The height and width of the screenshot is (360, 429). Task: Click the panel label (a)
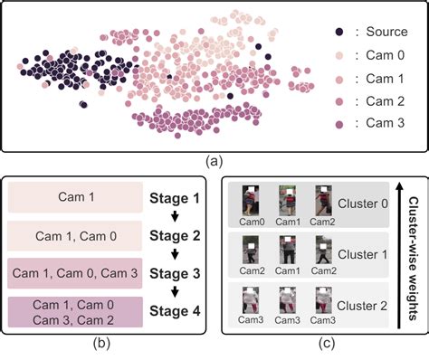coord(214,163)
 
